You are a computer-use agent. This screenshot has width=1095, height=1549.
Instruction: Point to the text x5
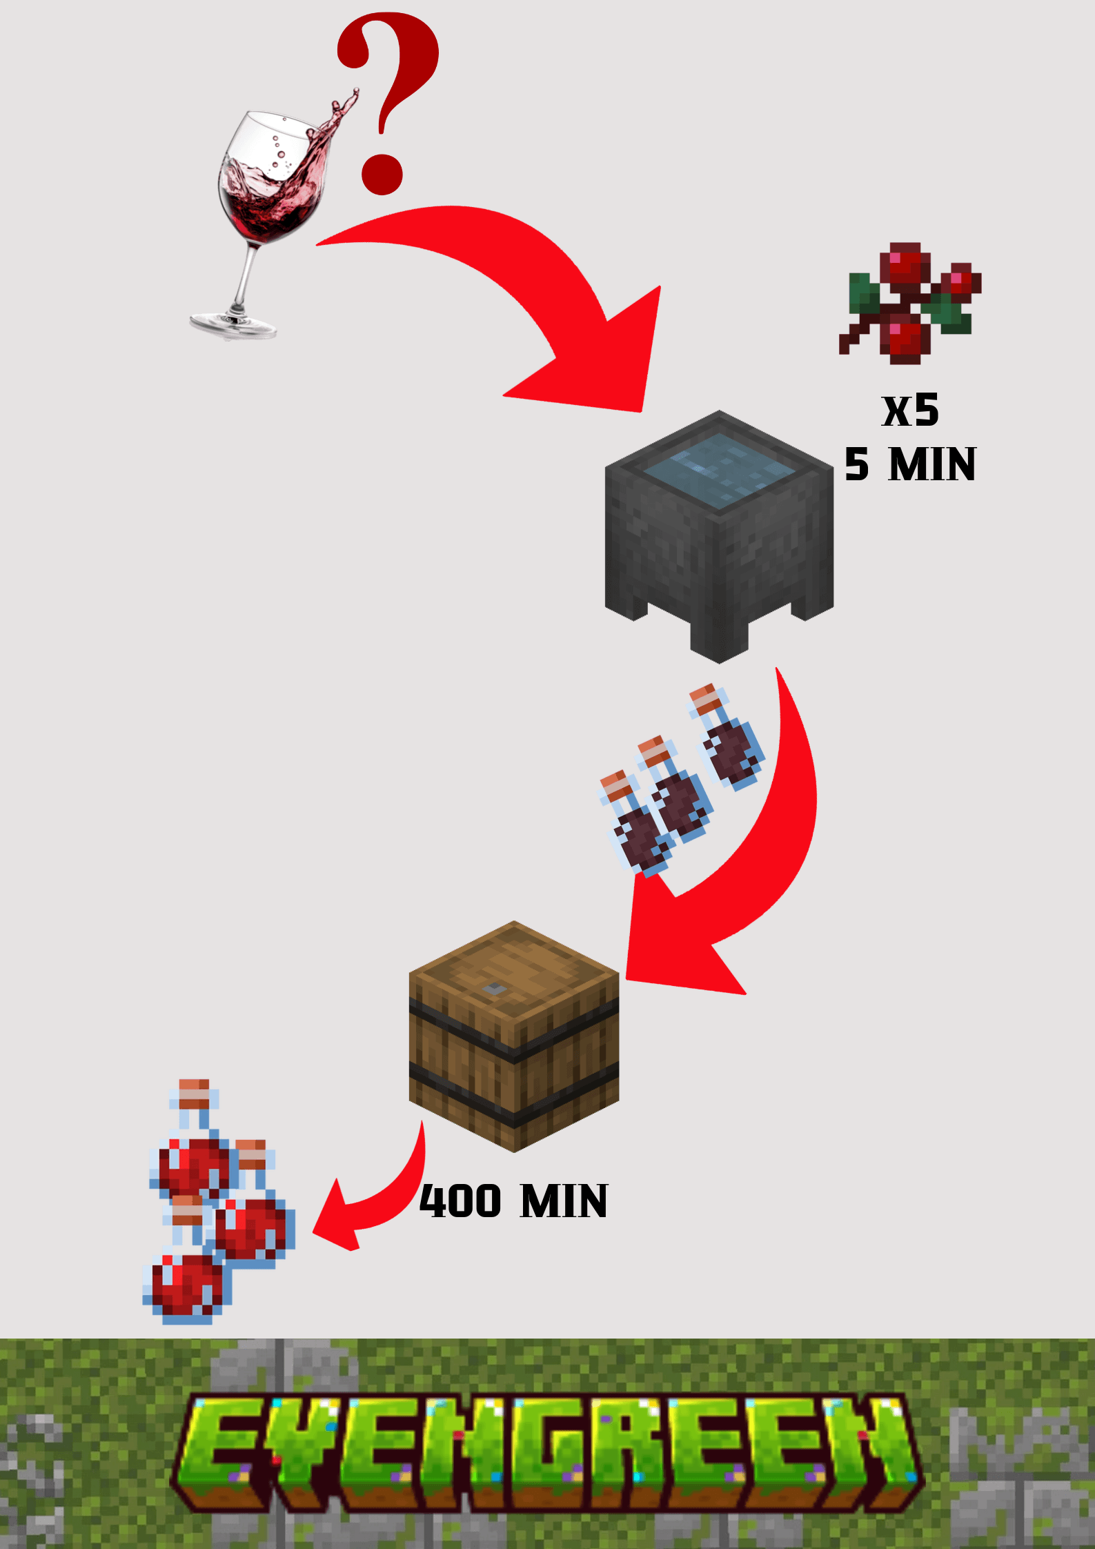[x=910, y=411]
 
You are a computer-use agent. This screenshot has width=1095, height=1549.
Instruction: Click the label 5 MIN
[x=910, y=464]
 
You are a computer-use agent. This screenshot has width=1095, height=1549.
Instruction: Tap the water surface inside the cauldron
[x=719, y=469]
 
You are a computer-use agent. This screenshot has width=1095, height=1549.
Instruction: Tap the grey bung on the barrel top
[x=493, y=989]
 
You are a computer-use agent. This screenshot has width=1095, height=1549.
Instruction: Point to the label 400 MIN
[x=514, y=1201]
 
